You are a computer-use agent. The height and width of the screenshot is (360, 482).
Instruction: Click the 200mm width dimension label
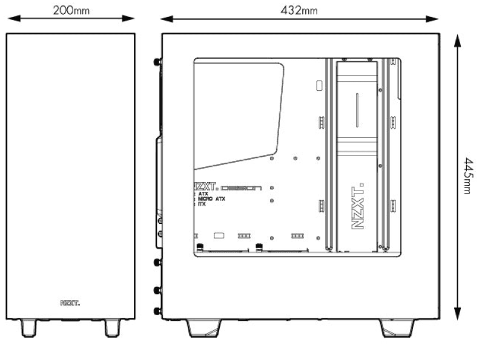click(71, 10)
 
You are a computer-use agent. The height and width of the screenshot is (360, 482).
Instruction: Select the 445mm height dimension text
click(467, 176)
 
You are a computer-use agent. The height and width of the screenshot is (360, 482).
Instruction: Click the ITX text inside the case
click(202, 205)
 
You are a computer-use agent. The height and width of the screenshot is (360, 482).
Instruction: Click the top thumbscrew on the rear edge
click(158, 61)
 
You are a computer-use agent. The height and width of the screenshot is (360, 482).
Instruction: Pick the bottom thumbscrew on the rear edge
click(158, 311)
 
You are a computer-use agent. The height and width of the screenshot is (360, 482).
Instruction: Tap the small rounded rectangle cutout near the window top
click(319, 86)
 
